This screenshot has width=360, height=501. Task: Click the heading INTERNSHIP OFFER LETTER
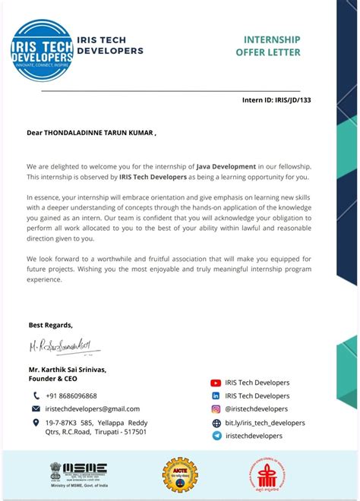point(272,46)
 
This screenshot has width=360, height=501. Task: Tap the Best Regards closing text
point(51,325)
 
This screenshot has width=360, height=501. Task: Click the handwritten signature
point(64,348)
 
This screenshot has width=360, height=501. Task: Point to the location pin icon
point(36,422)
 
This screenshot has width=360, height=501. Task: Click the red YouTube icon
point(216,383)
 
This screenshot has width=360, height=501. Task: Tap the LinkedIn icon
point(216,396)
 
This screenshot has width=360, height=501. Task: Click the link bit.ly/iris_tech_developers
point(265,423)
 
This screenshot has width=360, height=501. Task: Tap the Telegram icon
point(216,436)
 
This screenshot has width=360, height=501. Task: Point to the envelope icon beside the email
point(36,408)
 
